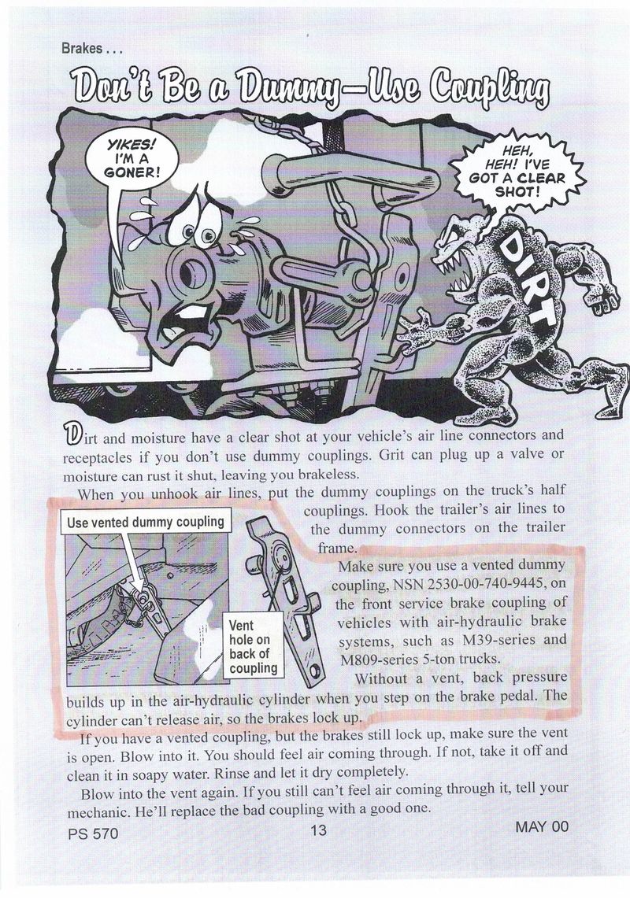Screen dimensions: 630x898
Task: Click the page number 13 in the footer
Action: (x=318, y=829)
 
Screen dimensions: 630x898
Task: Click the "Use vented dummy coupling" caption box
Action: (x=146, y=523)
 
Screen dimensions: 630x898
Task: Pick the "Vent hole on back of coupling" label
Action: (x=253, y=647)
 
